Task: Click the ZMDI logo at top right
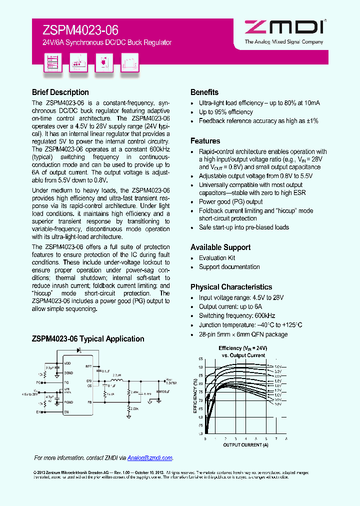coord(283,28)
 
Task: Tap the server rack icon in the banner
coord(52,62)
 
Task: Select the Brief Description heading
coord(60,92)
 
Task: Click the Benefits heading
coord(204,92)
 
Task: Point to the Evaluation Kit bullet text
coord(216,258)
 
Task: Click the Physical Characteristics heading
coord(231,287)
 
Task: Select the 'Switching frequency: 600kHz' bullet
coord(236,316)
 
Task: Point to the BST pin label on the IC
coord(88,366)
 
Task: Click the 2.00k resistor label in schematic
coord(133,408)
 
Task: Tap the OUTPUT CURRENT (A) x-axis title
coord(245,445)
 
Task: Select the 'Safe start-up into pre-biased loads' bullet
coord(243,227)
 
